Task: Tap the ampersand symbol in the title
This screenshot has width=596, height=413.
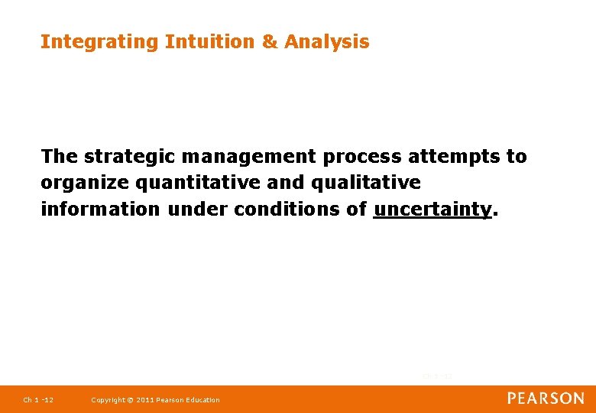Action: point(270,42)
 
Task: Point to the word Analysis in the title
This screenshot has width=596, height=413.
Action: point(326,42)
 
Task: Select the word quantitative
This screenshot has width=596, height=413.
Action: point(179,184)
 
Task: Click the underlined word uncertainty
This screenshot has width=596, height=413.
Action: point(432,210)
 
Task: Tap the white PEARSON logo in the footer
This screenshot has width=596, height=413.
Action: point(546,398)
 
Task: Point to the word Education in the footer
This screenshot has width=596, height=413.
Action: point(204,400)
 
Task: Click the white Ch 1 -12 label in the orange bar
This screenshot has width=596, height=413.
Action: point(37,400)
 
